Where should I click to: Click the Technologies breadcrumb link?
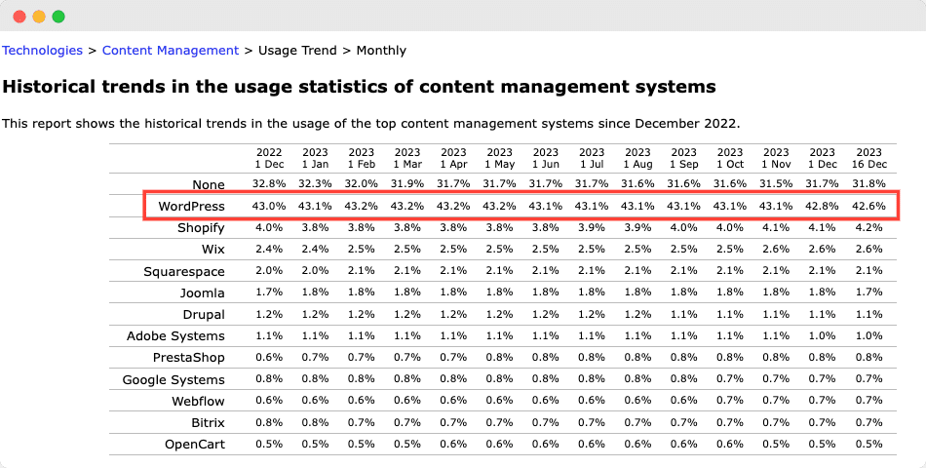42,50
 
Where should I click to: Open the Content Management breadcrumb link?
170,50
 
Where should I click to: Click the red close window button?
19,17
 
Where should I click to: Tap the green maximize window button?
58,17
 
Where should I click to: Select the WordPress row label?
191,207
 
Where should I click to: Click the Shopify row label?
201,228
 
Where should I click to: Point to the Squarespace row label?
183,271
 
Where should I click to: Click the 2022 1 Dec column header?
269,158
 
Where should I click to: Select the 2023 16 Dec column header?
868,158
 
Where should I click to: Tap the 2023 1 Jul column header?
592,158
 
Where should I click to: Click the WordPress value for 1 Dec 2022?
269,207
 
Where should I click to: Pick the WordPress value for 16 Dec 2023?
868,207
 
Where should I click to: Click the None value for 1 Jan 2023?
315,184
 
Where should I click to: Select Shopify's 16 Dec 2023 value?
868,228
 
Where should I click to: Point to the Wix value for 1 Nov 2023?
776,250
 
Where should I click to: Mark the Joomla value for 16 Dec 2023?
868,292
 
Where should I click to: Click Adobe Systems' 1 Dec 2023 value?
822,336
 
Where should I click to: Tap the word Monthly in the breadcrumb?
381,50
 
